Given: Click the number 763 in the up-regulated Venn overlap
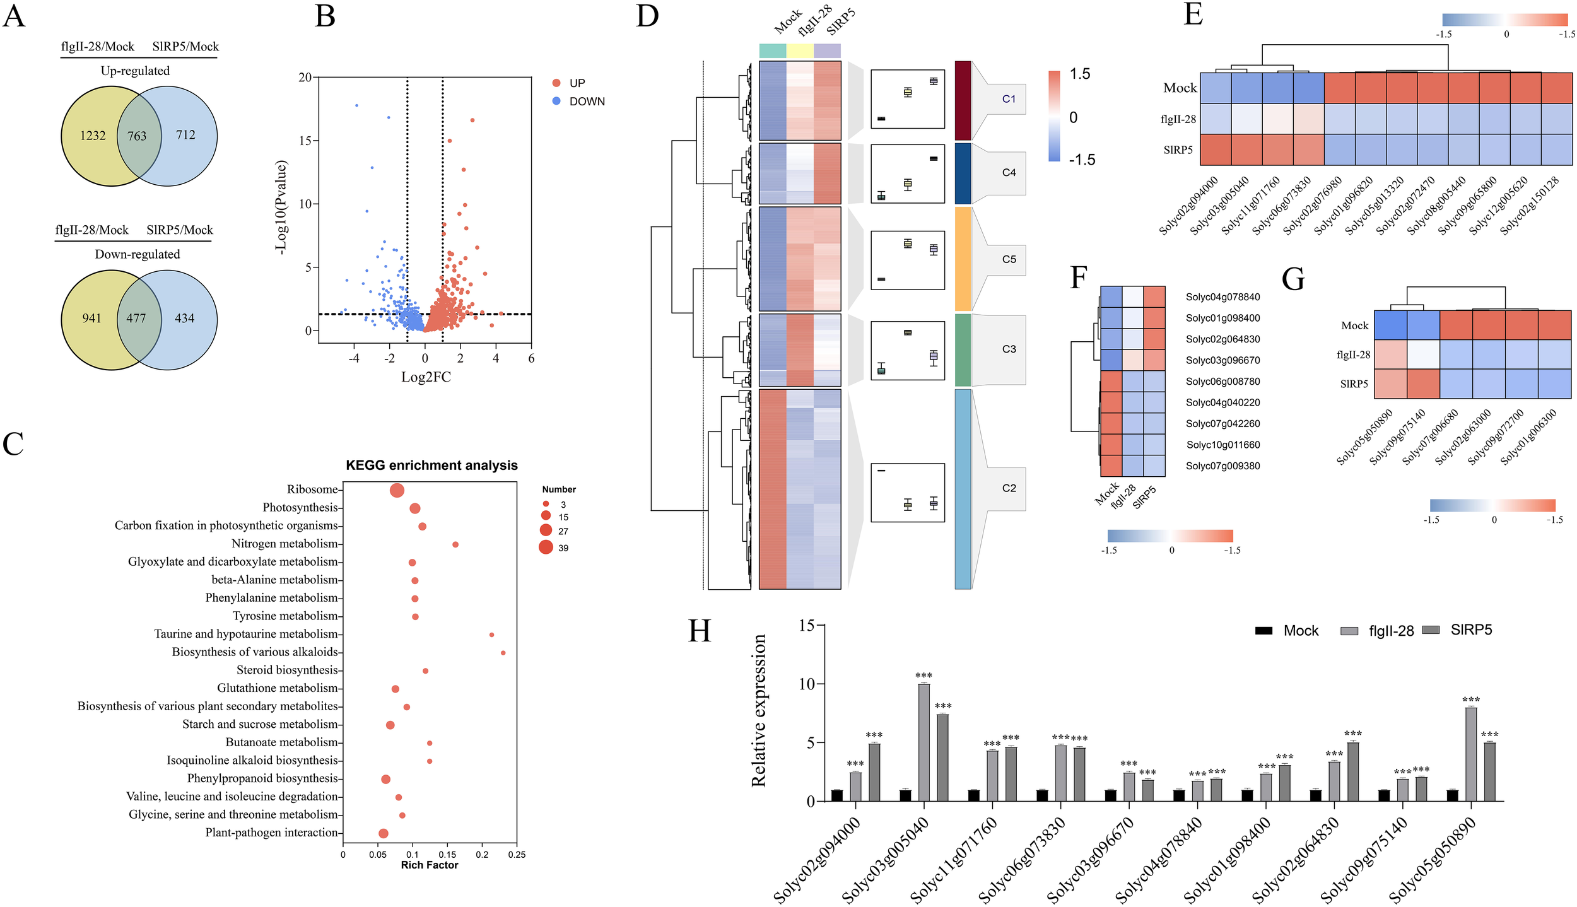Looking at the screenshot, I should coord(137,136).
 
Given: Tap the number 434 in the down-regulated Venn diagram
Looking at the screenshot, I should coord(184,319).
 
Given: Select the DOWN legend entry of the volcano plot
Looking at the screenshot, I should coord(586,102).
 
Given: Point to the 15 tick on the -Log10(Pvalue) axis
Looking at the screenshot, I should coord(305,141).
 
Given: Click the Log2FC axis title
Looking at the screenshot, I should coord(426,377).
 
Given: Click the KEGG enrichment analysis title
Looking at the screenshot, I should coord(431,465).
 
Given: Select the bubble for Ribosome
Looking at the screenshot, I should coord(397,491).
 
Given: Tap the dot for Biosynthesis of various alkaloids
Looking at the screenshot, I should coord(503,653).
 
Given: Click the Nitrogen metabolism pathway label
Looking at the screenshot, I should coord(284,544).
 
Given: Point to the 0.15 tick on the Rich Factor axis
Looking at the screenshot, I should coord(447,855).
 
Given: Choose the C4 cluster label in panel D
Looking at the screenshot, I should coord(1009,172).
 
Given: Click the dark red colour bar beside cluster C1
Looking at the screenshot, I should coord(963,100).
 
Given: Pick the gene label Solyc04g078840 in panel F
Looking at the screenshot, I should coord(1222,297).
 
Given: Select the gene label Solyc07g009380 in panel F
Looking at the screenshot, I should coord(1222,466).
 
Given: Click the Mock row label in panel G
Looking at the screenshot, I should coord(1354,325).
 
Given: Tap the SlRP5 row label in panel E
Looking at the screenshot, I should coord(1178,150).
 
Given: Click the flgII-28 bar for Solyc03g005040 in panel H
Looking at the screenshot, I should coord(923,742).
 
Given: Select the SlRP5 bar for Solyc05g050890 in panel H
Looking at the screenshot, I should coord(1489,771).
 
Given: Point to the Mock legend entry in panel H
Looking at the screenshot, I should coord(1300,631).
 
